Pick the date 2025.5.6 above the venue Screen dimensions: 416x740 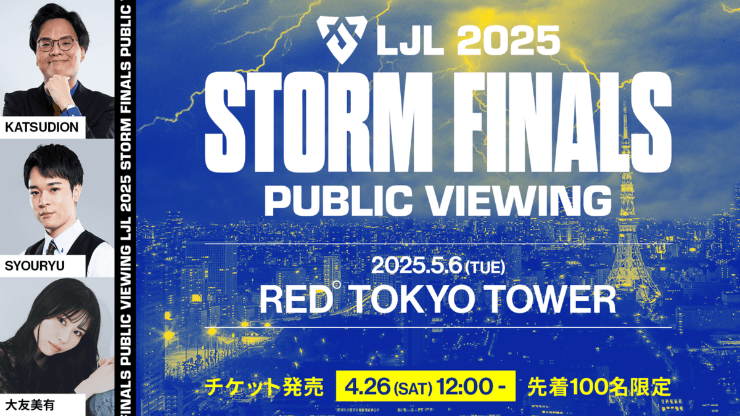pyautogui.click(x=416, y=267)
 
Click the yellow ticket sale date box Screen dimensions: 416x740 pyautogui.click(x=425, y=386)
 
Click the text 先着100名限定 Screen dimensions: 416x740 pyautogui.click(x=598, y=386)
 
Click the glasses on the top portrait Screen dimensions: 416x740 pyautogui.click(x=57, y=44)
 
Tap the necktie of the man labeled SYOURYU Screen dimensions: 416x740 pyautogui.click(x=50, y=247)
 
